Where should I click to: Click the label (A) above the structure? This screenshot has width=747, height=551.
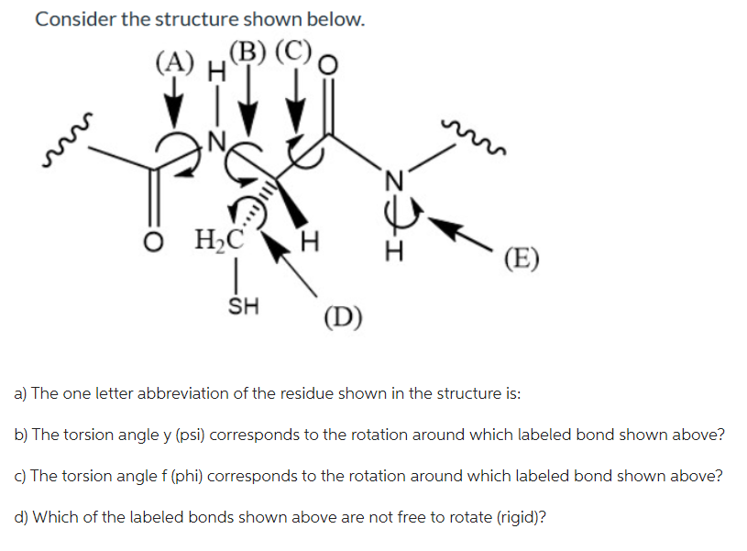pyautogui.click(x=175, y=63)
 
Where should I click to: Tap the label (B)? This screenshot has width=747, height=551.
pyautogui.click(x=247, y=52)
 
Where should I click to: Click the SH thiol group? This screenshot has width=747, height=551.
pyautogui.click(x=241, y=305)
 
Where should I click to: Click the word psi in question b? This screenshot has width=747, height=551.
pyautogui.click(x=170, y=435)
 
